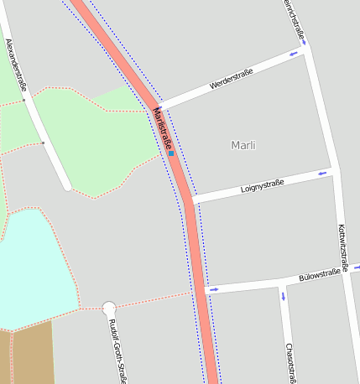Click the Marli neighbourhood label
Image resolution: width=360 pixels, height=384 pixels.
[x=243, y=146]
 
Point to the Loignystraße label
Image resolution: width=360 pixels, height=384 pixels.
[x=262, y=184]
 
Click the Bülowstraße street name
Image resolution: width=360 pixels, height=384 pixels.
[x=319, y=275]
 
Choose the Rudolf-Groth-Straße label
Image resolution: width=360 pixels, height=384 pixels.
[x=117, y=351]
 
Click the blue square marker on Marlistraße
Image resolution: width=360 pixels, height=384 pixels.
[x=171, y=153]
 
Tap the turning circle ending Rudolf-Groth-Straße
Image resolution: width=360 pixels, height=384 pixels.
[x=108, y=308]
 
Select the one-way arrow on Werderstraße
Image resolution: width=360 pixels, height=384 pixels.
[x=293, y=55]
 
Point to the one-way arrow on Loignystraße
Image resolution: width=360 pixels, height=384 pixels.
[x=322, y=174]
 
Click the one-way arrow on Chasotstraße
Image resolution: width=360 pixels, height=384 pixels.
[x=283, y=296]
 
